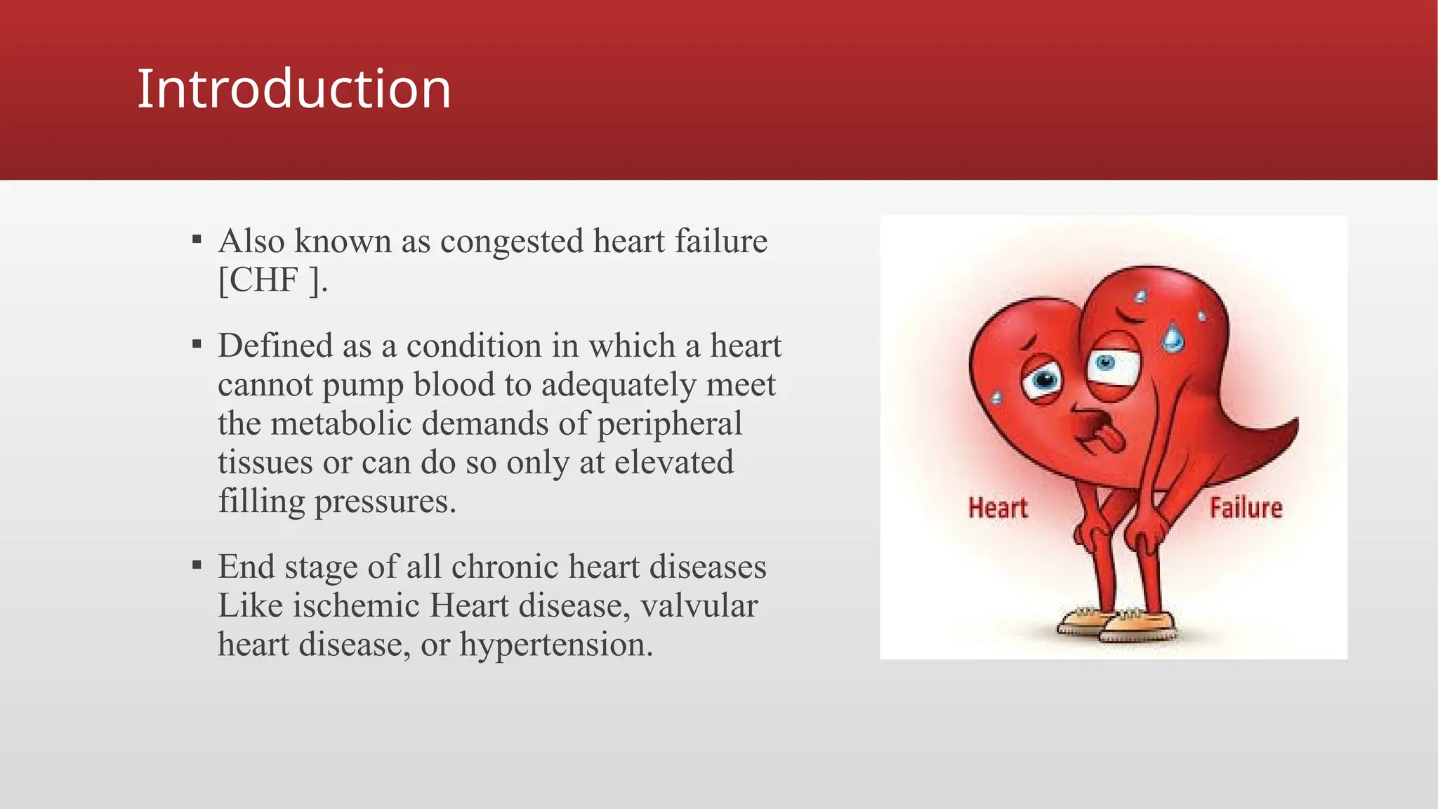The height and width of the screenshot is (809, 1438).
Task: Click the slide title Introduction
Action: tap(293, 88)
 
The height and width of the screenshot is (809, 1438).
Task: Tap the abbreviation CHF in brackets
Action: tap(264, 279)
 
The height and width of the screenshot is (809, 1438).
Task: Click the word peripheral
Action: tap(669, 425)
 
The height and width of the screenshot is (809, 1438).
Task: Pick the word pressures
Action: tap(385, 501)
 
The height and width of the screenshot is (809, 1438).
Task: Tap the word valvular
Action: tap(699, 605)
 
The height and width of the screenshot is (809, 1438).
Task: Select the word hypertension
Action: tap(556, 645)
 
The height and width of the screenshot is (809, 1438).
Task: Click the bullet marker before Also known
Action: tap(197, 240)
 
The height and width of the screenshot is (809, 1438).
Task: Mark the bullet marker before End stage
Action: tap(197, 565)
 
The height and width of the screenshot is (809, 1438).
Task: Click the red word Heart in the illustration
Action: tap(997, 508)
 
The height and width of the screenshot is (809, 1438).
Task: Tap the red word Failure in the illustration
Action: tap(1246, 508)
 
